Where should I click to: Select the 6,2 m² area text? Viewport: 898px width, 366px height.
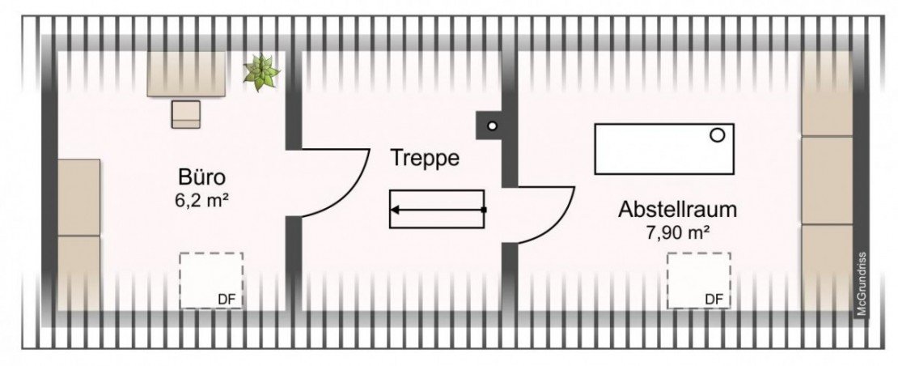coord(197,201)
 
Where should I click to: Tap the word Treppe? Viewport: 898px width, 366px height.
coord(425,158)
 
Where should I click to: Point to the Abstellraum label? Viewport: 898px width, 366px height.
coord(677,210)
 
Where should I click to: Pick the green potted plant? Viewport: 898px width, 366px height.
coord(261,72)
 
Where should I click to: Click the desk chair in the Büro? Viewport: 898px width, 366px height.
coord(185,114)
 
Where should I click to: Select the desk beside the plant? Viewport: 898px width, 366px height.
coord(186,74)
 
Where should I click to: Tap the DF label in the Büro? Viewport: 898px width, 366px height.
coord(227,300)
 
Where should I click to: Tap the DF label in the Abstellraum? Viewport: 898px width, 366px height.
coord(714,300)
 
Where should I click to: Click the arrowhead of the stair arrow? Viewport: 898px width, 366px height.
coord(395,210)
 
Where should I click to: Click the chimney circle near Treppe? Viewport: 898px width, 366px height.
coord(492,126)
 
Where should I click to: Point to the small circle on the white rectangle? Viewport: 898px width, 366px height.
coord(717,135)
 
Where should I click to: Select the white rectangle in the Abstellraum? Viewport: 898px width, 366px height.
coord(664,149)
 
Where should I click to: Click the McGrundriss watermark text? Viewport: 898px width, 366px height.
coord(861,283)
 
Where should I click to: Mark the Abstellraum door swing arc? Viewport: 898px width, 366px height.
coord(560,225)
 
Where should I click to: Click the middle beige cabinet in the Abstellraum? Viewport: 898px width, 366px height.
coord(827,181)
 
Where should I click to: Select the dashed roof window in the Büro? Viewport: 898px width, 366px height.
coord(211,281)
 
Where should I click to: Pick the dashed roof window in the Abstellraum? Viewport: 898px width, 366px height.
coord(698,281)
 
